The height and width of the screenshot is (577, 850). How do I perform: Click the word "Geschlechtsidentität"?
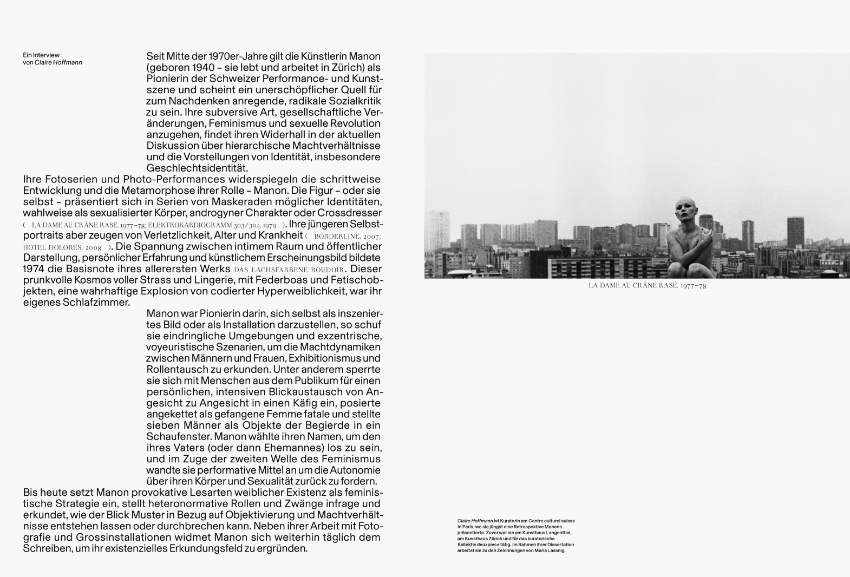point(197,168)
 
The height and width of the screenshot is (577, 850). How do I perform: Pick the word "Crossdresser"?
point(350,213)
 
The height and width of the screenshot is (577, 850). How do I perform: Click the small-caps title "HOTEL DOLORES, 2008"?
point(63,247)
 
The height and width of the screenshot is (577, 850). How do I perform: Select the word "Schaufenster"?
point(178,437)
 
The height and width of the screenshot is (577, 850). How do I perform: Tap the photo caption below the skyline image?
point(647,286)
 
